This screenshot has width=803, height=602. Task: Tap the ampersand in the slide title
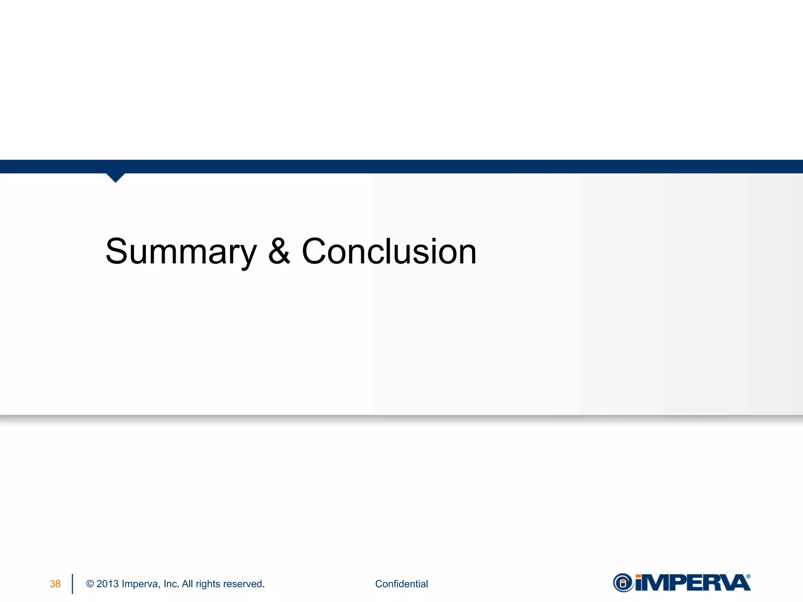coord(279,251)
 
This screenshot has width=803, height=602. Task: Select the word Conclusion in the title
coord(389,251)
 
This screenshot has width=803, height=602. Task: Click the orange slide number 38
coord(55,584)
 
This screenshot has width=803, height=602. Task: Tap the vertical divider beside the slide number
coord(73,584)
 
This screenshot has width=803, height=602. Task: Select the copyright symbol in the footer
coord(90,584)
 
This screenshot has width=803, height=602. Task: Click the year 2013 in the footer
coord(107,584)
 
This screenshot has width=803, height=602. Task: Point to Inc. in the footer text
coord(171,584)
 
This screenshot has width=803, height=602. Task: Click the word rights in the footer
coord(208,584)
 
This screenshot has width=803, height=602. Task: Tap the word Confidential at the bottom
coord(401,584)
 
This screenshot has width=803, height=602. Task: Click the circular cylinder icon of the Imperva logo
coord(623,583)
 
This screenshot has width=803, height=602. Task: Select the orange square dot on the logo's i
coord(639,577)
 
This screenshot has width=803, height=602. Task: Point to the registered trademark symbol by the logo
coord(748,577)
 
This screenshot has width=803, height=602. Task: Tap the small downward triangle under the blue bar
coord(115,178)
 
